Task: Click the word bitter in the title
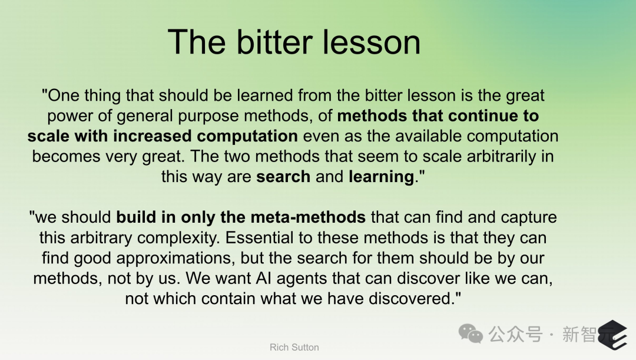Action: (274, 42)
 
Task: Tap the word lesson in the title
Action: (372, 42)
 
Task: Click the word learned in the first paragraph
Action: (265, 95)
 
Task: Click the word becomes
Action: (66, 156)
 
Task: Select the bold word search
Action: (283, 177)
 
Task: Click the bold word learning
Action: (381, 177)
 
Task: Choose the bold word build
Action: (136, 217)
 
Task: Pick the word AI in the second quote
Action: (263, 278)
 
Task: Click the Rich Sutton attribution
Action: (294, 348)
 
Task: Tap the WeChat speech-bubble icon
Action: (471, 333)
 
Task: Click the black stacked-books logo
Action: (612, 335)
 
